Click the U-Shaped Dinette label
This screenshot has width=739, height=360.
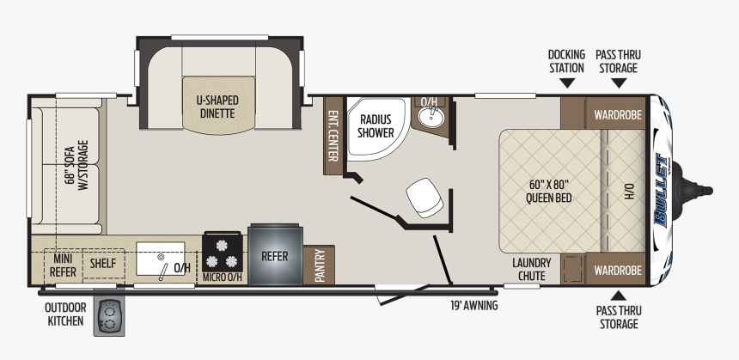pyautogui.click(x=217, y=107)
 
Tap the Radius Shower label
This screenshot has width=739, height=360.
pyautogui.click(x=376, y=125)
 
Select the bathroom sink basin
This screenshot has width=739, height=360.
pyautogui.click(x=431, y=118)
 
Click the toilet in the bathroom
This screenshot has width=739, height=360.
pyautogui.click(x=424, y=198)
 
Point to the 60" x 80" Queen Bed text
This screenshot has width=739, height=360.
pyautogui.click(x=548, y=191)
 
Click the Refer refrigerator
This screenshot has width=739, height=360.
pyautogui.click(x=275, y=255)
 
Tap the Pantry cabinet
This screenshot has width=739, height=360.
pyautogui.click(x=319, y=265)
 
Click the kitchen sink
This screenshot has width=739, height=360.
pyautogui.click(x=161, y=259)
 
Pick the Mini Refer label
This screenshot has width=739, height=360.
pyautogui.click(x=63, y=265)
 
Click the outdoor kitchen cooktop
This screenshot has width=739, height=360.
pyautogui.click(x=109, y=317)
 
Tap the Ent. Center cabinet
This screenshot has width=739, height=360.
pyautogui.click(x=333, y=136)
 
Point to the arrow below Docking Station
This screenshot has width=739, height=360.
pyautogui.click(x=567, y=83)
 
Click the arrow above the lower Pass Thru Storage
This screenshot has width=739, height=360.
pyautogui.click(x=619, y=296)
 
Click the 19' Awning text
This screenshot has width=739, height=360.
pyautogui.click(x=473, y=305)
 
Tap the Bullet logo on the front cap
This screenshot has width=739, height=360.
pyautogui.click(x=662, y=191)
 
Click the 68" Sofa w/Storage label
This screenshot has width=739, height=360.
pyautogui.click(x=76, y=164)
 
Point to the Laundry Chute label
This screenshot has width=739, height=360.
pyautogui.click(x=531, y=269)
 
